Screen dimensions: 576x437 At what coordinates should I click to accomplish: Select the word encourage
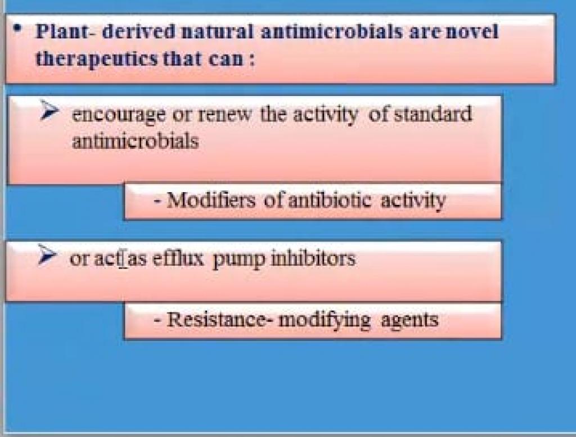(x=119, y=115)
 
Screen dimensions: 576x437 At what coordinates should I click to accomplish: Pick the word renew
(x=224, y=114)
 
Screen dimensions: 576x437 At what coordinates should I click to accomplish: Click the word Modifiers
(x=211, y=201)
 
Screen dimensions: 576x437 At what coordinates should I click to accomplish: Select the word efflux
(x=177, y=258)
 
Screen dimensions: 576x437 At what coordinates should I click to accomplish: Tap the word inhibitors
(x=313, y=258)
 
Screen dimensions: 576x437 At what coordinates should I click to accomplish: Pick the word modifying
(x=325, y=320)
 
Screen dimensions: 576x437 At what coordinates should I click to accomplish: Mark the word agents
(x=409, y=321)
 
